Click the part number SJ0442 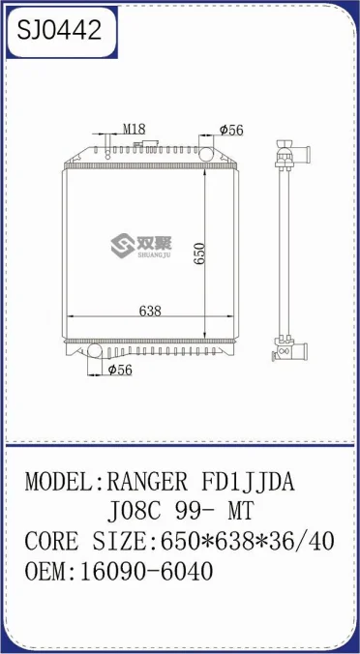coord(58,32)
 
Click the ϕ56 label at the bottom coord(120,370)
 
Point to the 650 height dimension coord(200,252)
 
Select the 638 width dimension coord(149,312)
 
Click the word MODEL coord(57,481)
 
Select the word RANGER coord(141,481)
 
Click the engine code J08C coord(142,511)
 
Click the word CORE coord(49,541)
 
